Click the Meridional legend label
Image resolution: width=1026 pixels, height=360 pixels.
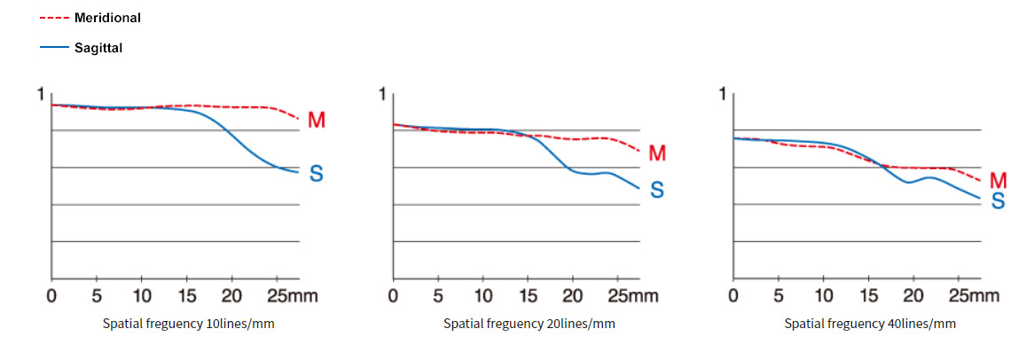point(107,18)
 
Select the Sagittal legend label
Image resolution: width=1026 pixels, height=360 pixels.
point(98,49)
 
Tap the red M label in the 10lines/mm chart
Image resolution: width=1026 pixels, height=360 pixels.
point(316,120)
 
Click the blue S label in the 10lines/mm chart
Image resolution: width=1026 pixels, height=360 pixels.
point(316,175)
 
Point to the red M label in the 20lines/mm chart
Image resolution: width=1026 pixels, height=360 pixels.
point(657,153)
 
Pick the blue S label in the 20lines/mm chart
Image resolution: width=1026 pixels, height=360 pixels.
point(657,190)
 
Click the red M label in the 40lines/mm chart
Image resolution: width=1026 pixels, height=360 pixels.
point(998,181)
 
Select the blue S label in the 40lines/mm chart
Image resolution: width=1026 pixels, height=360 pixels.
point(998,201)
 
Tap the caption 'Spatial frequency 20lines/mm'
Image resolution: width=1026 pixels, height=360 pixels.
point(529,324)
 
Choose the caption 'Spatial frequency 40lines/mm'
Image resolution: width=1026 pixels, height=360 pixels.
point(870,324)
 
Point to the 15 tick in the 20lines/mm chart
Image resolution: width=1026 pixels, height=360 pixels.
point(529,295)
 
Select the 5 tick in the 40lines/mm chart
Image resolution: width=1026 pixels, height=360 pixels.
point(779,295)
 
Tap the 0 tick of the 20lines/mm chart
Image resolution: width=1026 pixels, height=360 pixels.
point(393,295)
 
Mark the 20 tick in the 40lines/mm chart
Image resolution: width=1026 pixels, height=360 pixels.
point(914,295)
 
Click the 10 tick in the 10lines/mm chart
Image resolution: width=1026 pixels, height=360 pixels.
point(142,295)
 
